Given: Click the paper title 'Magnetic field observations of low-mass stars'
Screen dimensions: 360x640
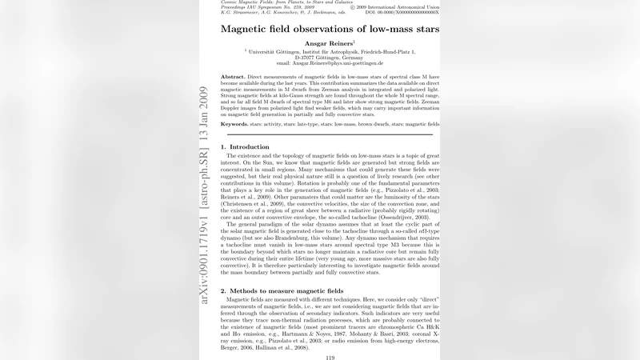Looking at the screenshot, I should (329, 30).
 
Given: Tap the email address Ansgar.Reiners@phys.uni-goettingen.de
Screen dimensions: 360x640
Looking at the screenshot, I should (330, 63).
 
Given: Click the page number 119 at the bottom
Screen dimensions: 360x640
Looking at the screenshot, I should (330, 357).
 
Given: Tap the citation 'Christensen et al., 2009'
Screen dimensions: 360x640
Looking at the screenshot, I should (254, 205).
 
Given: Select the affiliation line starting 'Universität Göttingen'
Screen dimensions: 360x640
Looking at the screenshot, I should (330, 51).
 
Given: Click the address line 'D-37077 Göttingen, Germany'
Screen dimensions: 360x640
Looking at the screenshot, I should (329, 58).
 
